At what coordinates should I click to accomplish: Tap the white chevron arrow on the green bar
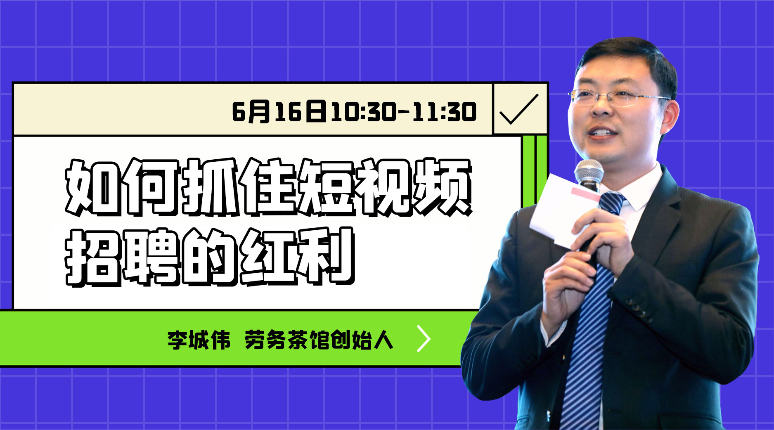424,339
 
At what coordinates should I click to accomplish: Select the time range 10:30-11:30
404,111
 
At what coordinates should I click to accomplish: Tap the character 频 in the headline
442,188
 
